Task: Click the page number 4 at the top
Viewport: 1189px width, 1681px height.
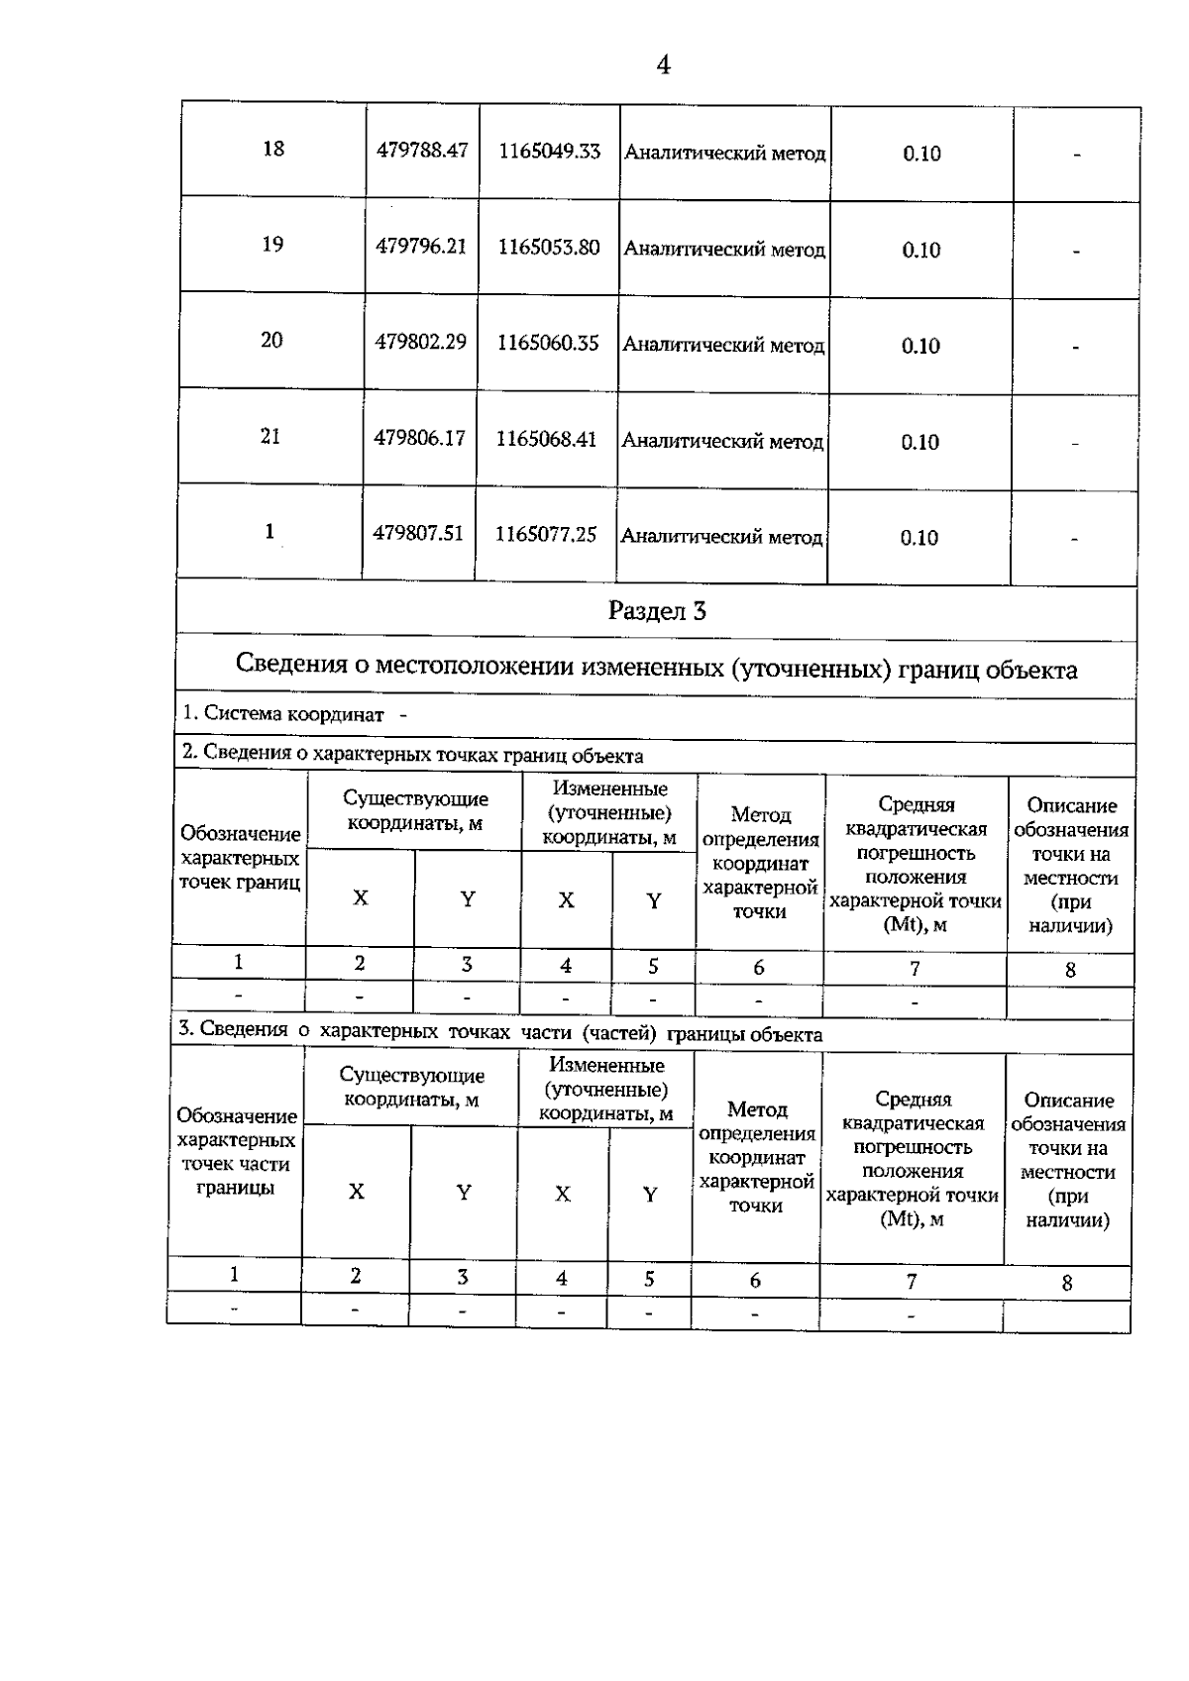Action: (x=663, y=65)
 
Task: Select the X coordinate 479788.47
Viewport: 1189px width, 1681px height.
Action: (x=422, y=151)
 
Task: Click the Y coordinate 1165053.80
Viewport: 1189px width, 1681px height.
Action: (x=549, y=247)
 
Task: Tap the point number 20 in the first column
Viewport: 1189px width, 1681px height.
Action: (x=271, y=341)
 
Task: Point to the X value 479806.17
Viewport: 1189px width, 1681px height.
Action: (x=419, y=438)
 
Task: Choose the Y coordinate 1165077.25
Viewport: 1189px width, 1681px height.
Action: (x=546, y=535)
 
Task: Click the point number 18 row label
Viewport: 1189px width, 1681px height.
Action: (x=273, y=149)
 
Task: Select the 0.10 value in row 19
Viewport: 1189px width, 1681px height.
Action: (x=920, y=251)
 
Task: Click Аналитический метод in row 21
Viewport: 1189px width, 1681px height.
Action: (x=722, y=442)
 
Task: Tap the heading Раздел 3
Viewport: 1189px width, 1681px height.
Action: (x=657, y=611)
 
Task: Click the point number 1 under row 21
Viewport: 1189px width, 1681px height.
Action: (x=270, y=532)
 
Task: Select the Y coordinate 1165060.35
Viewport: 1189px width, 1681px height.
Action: (x=548, y=343)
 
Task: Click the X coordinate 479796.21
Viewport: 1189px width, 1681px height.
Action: (x=421, y=246)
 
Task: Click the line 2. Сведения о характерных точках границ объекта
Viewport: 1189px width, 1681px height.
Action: (x=413, y=756)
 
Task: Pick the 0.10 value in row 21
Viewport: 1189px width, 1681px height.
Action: (x=919, y=443)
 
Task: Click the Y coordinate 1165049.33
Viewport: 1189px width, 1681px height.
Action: (x=549, y=152)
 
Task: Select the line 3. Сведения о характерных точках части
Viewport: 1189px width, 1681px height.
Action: (x=499, y=1033)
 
